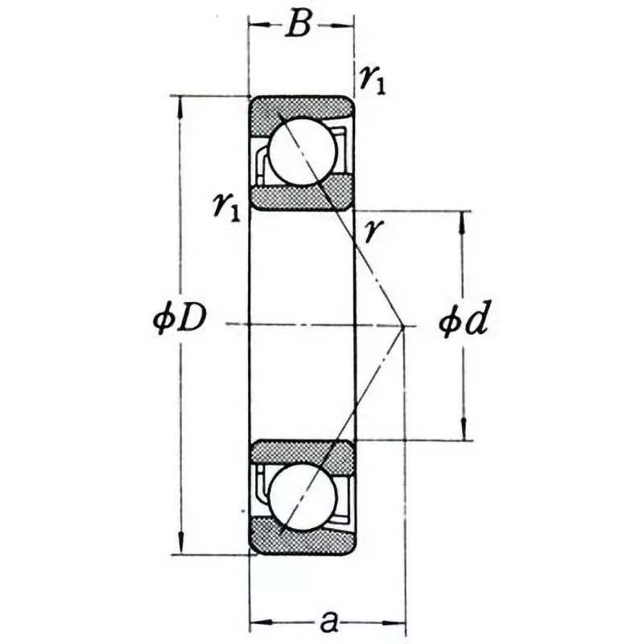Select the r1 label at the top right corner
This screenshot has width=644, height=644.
(x=372, y=80)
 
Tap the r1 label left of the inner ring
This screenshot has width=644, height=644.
(x=226, y=207)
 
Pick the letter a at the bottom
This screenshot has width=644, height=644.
(x=328, y=621)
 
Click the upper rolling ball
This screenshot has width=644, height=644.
(x=297, y=151)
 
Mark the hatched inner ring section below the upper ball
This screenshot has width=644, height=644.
(x=299, y=193)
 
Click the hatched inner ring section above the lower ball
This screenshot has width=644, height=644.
(x=299, y=454)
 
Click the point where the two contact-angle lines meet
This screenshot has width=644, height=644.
(x=402, y=325)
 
